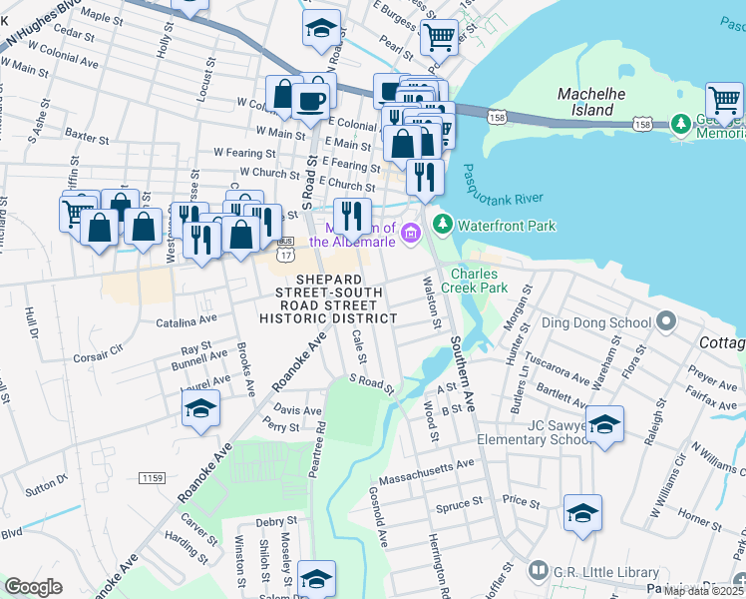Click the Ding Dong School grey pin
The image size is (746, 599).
click(x=667, y=322)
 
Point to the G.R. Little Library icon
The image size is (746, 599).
click(x=539, y=570)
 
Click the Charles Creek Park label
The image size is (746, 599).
click(x=480, y=281)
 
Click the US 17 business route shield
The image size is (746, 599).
click(x=286, y=243)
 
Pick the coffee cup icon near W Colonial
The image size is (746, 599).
click(x=316, y=97)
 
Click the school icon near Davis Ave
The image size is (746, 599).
click(x=200, y=409)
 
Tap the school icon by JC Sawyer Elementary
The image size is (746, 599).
click(x=603, y=424)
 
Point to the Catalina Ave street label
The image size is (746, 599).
click(x=186, y=321)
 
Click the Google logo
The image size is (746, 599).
click(x=34, y=587)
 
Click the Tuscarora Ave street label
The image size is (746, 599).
click(x=561, y=368)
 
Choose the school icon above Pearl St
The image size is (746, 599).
click(x=321, y=29)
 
